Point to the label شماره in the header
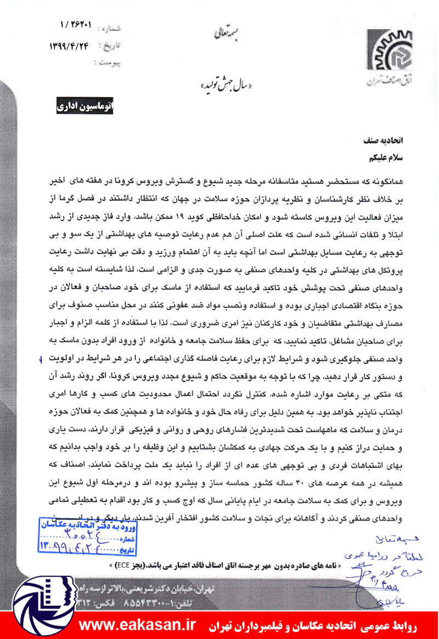(110, 26)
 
